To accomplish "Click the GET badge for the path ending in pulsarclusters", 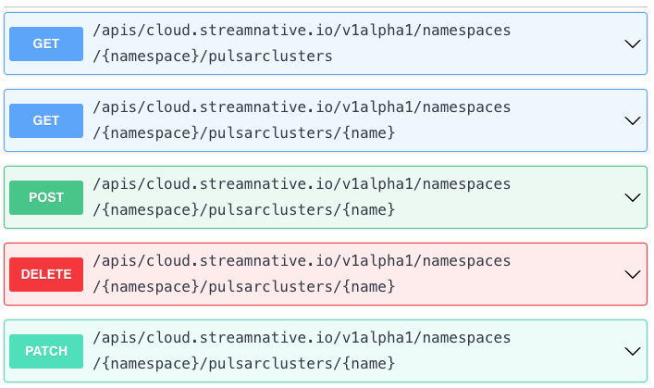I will point(46,44).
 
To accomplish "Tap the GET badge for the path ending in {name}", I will point(46,120).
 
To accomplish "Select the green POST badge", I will point(46,197).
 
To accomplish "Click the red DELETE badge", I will point(46,274).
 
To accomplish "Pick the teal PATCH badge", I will point(46,351).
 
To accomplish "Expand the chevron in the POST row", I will point(633,197).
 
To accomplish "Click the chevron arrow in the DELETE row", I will point(633,274).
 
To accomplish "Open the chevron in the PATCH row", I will point(633,351).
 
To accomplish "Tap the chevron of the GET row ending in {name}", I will point(633,120).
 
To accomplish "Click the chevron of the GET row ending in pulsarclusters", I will point(633,44).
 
